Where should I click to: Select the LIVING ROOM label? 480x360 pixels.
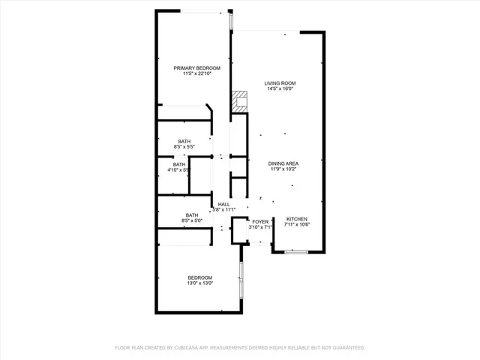(x=279, y=82)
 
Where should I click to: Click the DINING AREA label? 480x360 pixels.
(x=284, y=163)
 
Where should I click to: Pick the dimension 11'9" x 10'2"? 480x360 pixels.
(x=284, y=169)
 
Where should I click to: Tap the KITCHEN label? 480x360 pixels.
(x=297, y=218)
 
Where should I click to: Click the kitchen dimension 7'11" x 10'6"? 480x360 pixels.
(x=297, y=224)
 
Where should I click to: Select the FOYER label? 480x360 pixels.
(x=259, y=222)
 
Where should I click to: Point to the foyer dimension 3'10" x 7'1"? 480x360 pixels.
(x=259, y=228)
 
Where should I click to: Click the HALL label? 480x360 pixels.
(x=223, y=204)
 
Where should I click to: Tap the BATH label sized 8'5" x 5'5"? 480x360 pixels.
(x=184, y=141)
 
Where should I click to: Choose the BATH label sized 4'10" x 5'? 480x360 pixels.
(x=179, y=164)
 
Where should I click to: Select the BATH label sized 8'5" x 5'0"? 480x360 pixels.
(x=192, y=215)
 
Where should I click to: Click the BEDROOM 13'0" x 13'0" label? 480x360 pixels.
(x=199, y=277)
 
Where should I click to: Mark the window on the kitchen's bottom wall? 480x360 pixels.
(x=297, y=252)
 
